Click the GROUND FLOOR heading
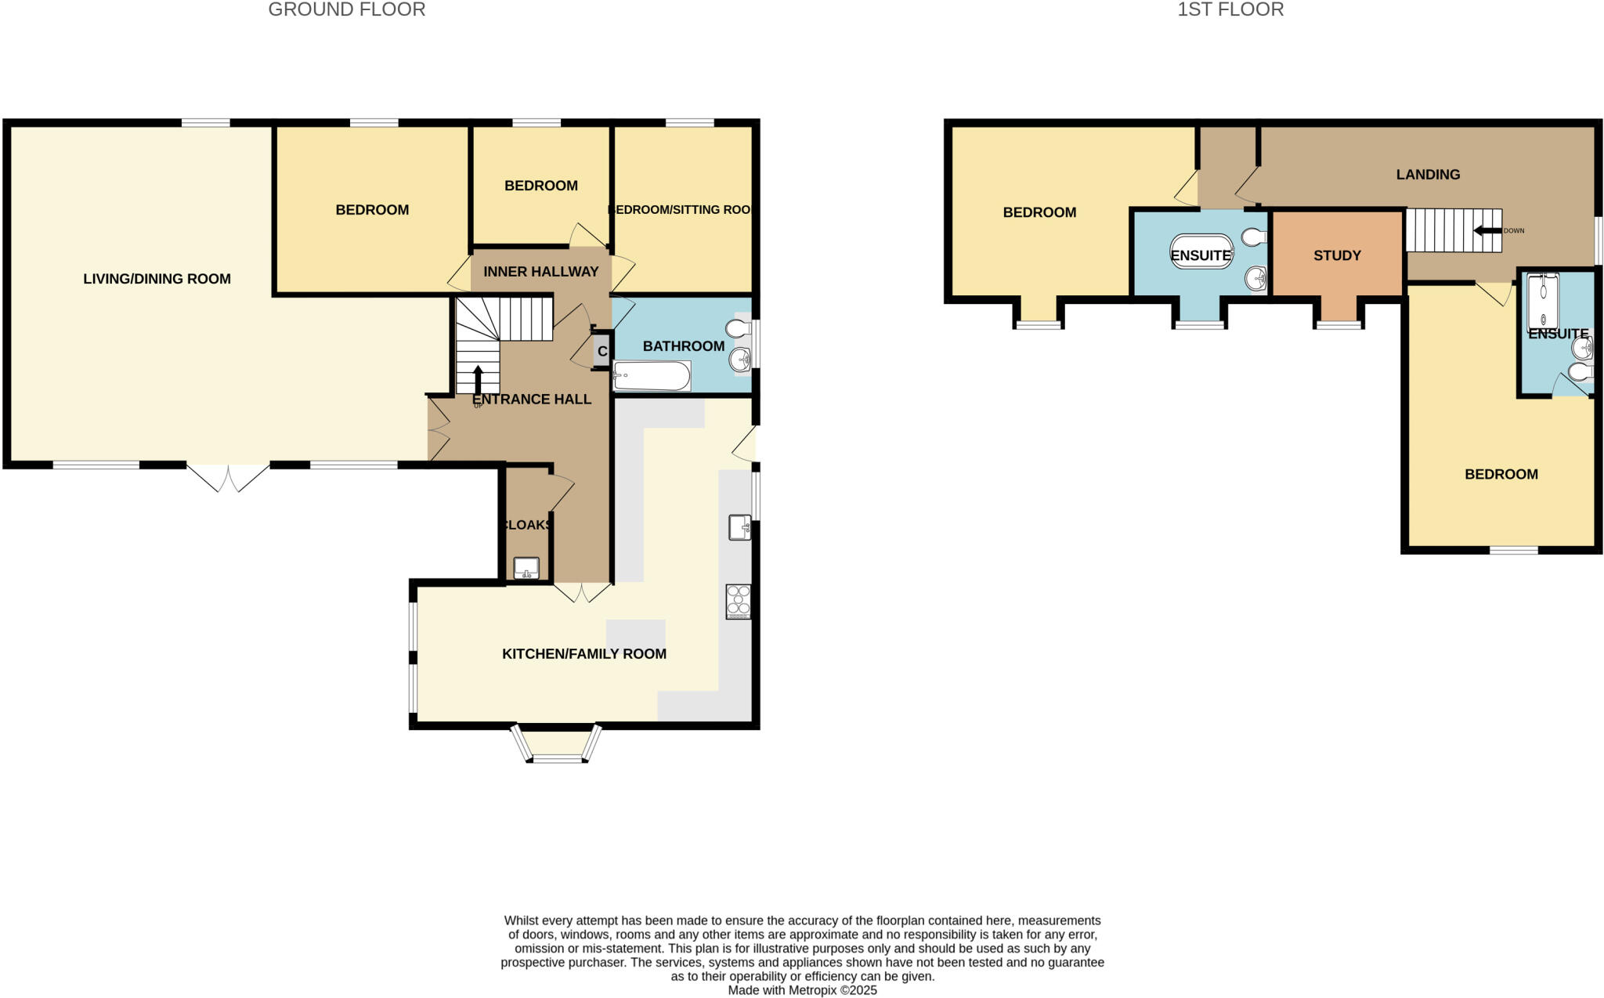[x=346, y=10]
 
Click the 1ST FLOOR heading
[x=1230, y=10]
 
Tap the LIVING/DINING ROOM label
[x=157, y=279]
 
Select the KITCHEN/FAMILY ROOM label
[x=583, y=654]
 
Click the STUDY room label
[x=1337, y=255]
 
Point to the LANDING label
[x=1428, y=175]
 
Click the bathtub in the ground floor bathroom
[x=652, y=376]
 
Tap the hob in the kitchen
[x=738, y=602]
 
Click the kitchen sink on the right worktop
[x=739, y=527]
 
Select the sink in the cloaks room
[x=526, y=568]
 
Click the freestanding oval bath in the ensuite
[x=1201, y=251]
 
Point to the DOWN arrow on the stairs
[x=1487, y=230]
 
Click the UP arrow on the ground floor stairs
[x=478, y=379]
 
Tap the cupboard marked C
[x=601, y=351]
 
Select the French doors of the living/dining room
[x=228, y=477]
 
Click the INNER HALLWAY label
[x=540, y=272]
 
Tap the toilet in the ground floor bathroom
[x=738, y=327]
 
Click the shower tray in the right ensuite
[x=1543, y=301]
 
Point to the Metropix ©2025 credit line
[x=802, y=990]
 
